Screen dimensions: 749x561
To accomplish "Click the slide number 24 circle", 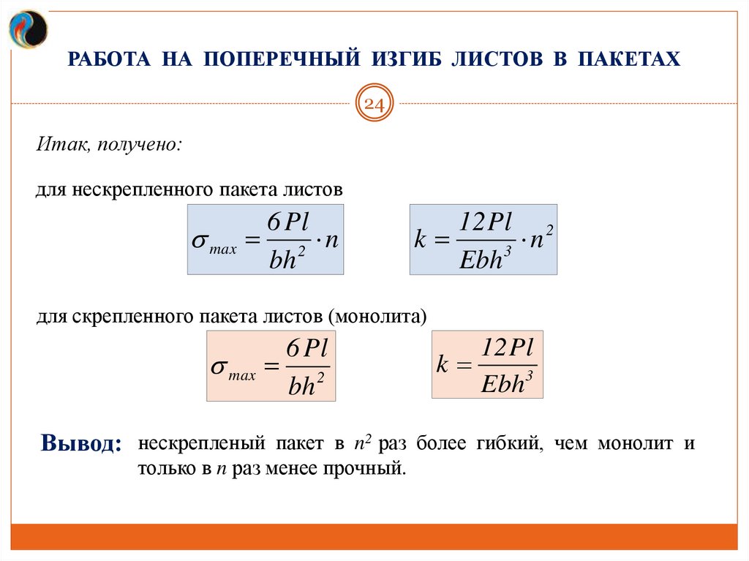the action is click(x=374, y=105).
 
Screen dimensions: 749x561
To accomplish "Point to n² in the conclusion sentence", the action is click(x=359, y=443).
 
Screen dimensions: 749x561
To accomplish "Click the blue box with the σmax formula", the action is click(x=266, y=240).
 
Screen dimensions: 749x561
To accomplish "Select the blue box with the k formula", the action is click(x=483, y=240).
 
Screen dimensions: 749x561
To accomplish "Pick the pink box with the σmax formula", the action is click(x=271, y=366).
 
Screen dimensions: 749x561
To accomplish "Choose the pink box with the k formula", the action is click(x=487, y=364).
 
